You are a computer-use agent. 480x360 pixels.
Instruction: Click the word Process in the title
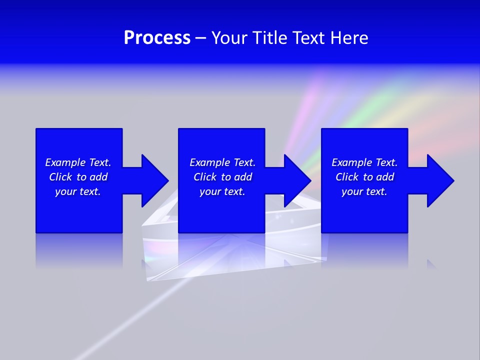coord(157,38)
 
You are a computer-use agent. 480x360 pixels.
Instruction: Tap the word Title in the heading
coord(271,38)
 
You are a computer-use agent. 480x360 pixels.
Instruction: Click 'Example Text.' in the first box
coord(78,162)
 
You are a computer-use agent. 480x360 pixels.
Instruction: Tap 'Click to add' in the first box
coord(78,177)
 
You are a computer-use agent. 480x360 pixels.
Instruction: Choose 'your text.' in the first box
coord(78,191)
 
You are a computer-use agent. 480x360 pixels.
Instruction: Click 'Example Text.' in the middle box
coord(222,162)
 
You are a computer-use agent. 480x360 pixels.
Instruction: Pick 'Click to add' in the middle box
coord(222,177)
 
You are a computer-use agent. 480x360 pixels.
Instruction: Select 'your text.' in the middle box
coord(222,191)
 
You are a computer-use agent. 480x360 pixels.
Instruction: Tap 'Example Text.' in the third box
coord(364,162)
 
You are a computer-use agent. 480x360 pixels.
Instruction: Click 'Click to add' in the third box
coord(364,177)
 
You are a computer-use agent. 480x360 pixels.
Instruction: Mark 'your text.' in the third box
coord(364,191)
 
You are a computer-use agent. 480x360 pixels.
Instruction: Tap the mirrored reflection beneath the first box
coord(79,250)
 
